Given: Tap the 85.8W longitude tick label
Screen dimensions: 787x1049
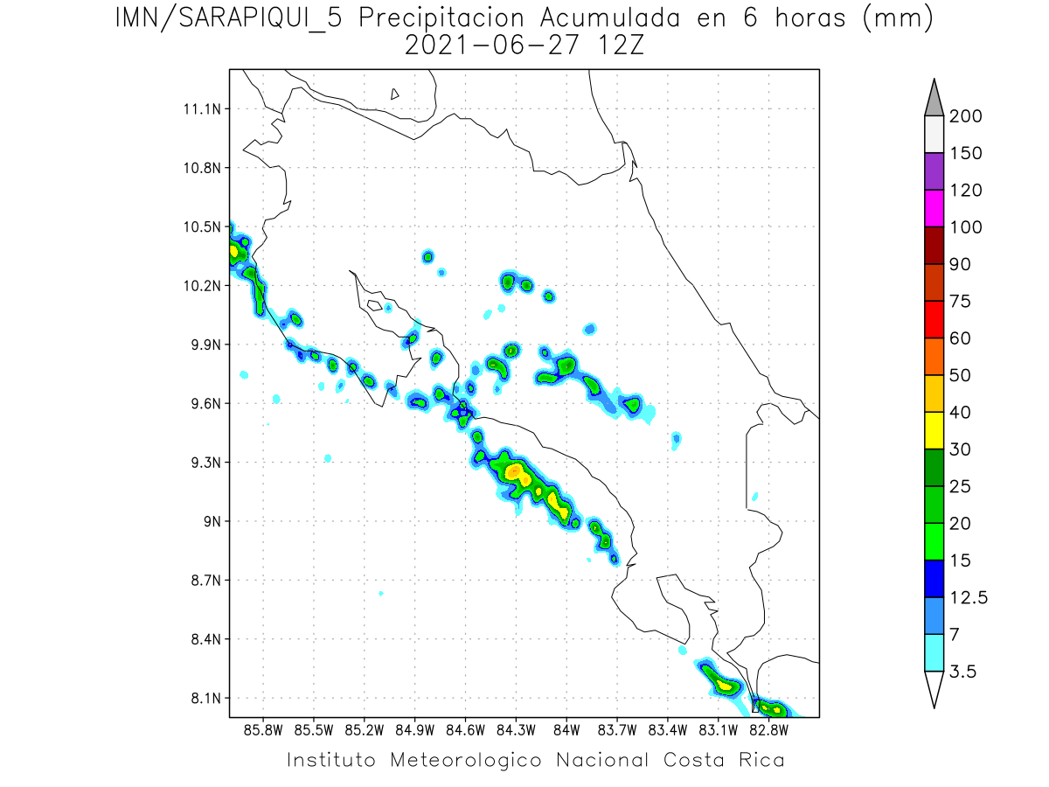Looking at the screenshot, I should (x=263, y=728).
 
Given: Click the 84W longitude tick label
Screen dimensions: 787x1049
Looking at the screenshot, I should (x=566, y=728).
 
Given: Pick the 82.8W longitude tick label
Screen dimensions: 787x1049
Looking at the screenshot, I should (x=768, y=728).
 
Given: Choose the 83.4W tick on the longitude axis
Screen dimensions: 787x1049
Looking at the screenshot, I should (x=668, y=728).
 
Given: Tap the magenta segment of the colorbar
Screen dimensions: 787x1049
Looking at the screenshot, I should (x=934, y=208).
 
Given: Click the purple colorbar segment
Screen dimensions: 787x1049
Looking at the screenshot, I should (x=934, y=171).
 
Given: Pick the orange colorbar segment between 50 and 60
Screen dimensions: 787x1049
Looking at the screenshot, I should (x=934, y=357).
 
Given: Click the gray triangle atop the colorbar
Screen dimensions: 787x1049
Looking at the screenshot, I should (x=934, y=99).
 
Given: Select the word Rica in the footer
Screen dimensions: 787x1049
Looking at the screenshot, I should (x=760, y=760).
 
